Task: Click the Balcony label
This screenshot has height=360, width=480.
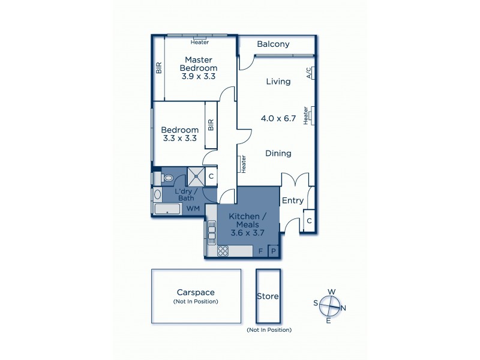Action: click(273, 44)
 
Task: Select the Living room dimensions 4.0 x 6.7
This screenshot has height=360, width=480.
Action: click(278, 118)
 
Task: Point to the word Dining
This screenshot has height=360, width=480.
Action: click(278, 153)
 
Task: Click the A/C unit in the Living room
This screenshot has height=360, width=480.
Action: click(309, 73)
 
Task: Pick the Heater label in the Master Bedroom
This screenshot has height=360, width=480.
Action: click(200, 42)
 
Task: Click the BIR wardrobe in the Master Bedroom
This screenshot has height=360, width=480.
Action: click(158, 68)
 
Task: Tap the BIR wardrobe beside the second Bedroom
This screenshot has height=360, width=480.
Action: click(211, 125)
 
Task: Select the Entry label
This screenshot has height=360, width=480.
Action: click(293, 200)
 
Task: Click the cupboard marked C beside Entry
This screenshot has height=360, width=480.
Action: click(308, 221)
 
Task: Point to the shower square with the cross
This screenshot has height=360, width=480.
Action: click(196, 176)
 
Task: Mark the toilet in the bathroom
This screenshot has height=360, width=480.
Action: click(167, 178)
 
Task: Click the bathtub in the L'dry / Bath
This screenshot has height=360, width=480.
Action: click(167, 209)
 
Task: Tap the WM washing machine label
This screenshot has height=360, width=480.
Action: click(193, 208)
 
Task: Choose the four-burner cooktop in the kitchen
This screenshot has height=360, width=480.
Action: click(223, 251)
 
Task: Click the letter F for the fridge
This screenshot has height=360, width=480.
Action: click(260, 251)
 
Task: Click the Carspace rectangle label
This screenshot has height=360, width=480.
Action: click(196, 292)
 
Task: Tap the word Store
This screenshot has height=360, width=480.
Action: click(268, 296)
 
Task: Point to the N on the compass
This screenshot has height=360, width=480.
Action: click(343, 308)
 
